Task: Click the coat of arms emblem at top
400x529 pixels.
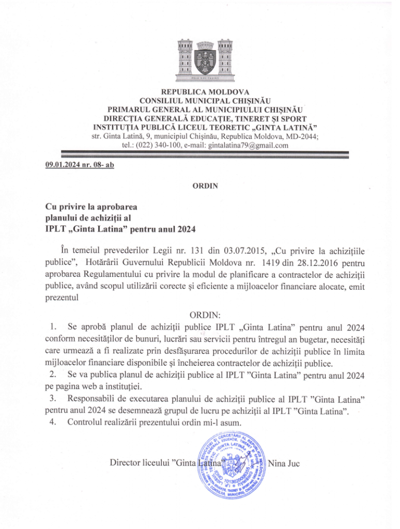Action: [199, 58]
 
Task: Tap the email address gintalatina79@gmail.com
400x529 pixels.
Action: [247, 145]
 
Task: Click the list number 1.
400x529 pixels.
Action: [53, 327]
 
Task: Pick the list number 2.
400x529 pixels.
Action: [52, 374]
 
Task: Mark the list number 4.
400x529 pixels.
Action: [52, 423]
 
